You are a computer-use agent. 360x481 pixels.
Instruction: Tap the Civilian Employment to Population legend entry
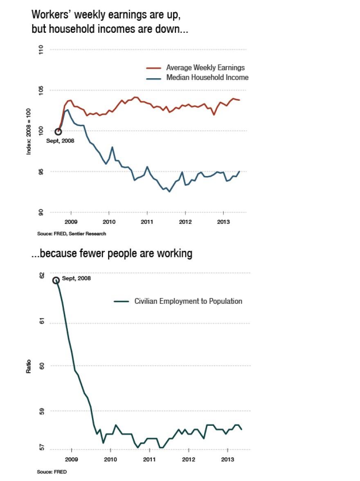coord(188,301)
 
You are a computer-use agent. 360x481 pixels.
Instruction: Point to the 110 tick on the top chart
coord(41,50)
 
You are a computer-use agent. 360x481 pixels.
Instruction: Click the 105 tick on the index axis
coord(41,90)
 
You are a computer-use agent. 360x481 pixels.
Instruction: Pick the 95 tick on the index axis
coord(41,172)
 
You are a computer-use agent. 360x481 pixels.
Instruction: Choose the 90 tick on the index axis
coord(41,212)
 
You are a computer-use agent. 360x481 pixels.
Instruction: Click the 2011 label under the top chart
coord(147,223)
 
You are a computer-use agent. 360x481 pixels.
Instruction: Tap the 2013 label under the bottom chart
coord(227,460)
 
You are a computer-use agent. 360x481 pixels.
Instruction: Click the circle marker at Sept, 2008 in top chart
coord(58,132)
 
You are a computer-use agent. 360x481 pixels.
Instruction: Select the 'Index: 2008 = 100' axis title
coord(29,131)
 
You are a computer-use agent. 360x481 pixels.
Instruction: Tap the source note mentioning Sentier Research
coord(72,234)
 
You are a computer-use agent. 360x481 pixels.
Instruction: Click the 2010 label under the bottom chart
coord(110,460)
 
